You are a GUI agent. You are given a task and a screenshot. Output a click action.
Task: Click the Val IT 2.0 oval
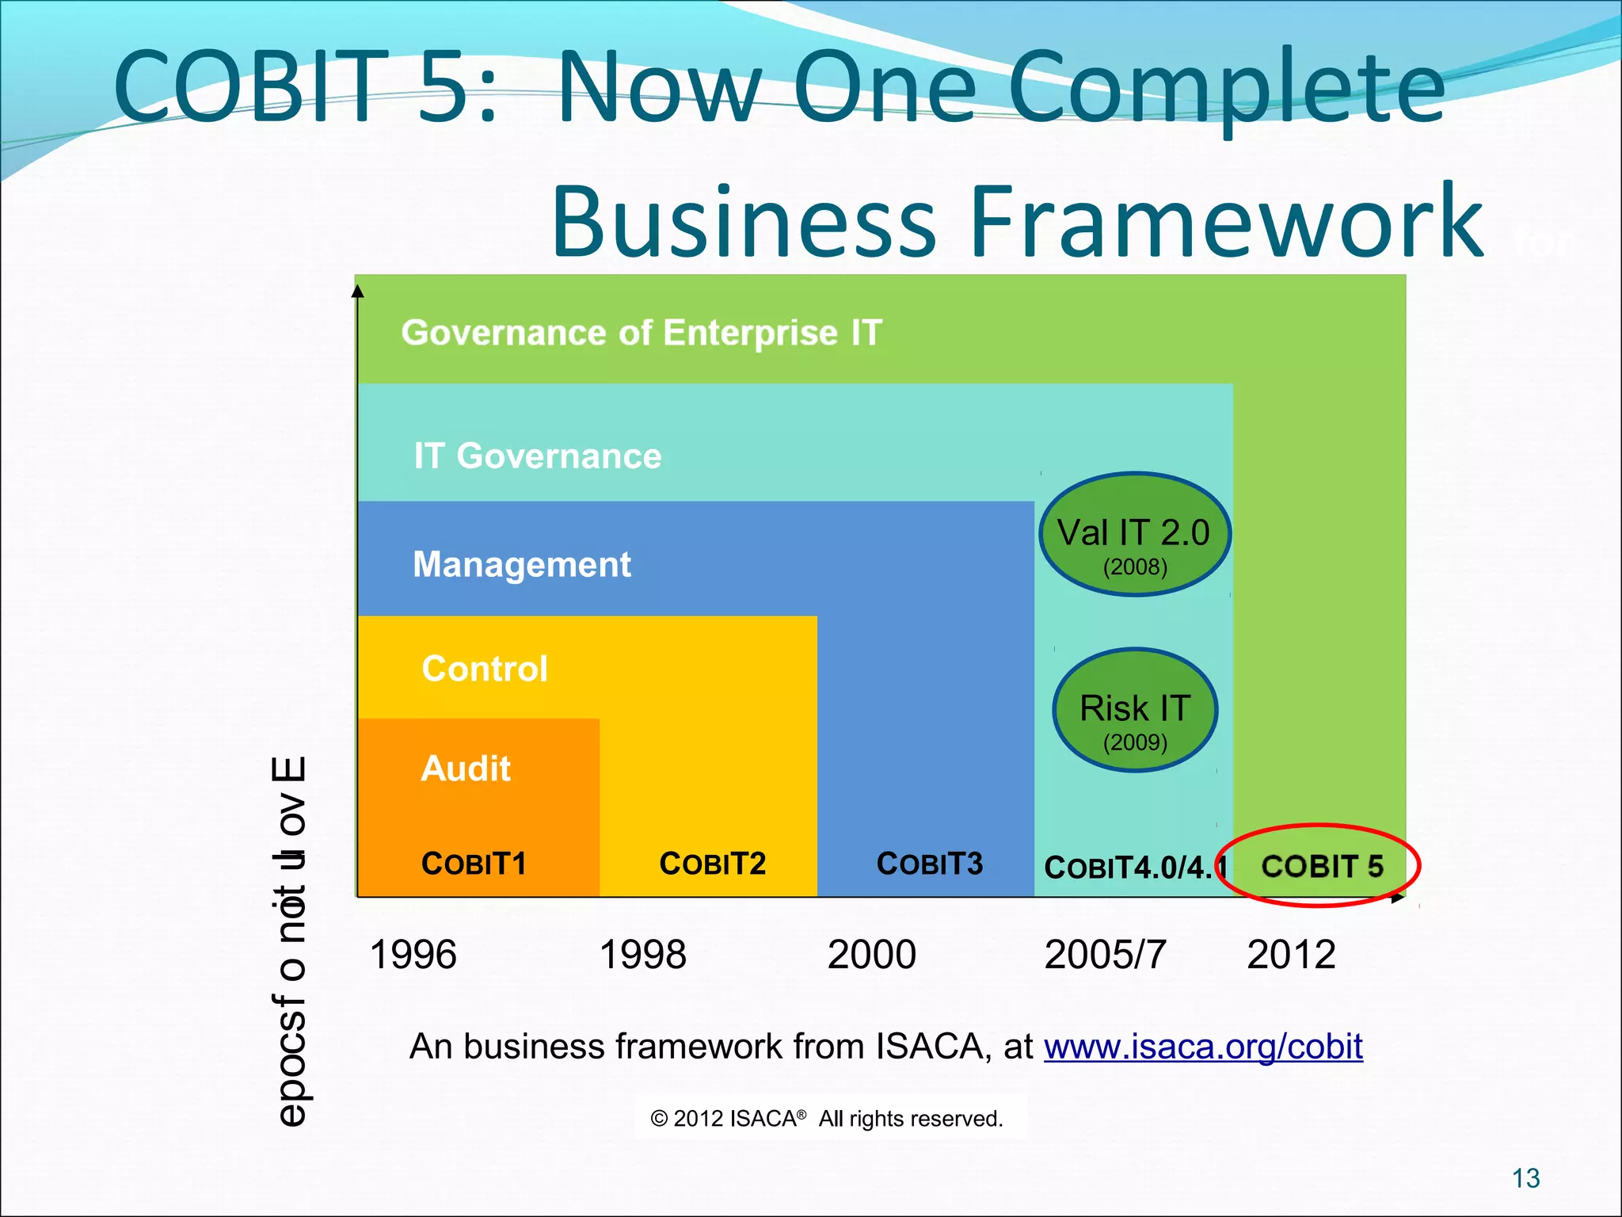pyautogui.click(x=1134, y=535)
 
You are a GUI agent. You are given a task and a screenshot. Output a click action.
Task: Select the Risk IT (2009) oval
pyautogui.click(x=1134, y=710)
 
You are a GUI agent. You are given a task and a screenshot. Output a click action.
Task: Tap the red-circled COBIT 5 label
pyautogui.click(x=1321, y=866)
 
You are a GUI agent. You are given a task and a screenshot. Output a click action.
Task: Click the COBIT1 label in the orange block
pyautogui.click(x=474, y=864)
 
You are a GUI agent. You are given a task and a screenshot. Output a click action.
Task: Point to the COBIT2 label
pyautogui.click(x=712, y=864)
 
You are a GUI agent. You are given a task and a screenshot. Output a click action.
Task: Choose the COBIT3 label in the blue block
pyautogui.click(x=929, y=864)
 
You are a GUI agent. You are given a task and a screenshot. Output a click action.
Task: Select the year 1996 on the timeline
pyautogui.click(x=413, y=955)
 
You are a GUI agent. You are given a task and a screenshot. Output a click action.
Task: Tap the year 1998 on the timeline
pyautogui.click(x=642, y=955)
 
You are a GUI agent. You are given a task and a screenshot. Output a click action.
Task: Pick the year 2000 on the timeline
pyautogui.click(x=871, y=955)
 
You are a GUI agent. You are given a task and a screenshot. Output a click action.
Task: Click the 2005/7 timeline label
pyautogui.click(x=1105, y=955)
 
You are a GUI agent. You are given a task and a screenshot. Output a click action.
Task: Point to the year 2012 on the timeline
pyautogui.click(x=1291, y=955)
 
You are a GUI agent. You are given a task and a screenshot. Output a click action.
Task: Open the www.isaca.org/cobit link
pyautogui.click(x=1202, y=1047)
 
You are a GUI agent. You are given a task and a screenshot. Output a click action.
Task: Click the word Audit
pyautogui.click(x=466, y=769)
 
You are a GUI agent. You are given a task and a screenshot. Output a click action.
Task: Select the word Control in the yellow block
pyautogui.click(x=485, y=669)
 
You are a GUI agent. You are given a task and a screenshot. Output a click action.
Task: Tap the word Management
pyautogui.click(x=522, y=565)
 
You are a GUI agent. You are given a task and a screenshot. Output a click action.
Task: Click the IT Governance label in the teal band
pyautogui.click(x=537, y=456)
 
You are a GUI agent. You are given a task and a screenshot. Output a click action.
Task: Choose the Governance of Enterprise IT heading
pyautogui.click(x=642, y=333)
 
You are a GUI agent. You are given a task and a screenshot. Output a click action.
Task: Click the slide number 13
pyautogui.click(x=1525, y=1178)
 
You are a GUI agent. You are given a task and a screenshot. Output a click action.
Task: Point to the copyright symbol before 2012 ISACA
pyautogui.click(x=659, y=1119)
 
